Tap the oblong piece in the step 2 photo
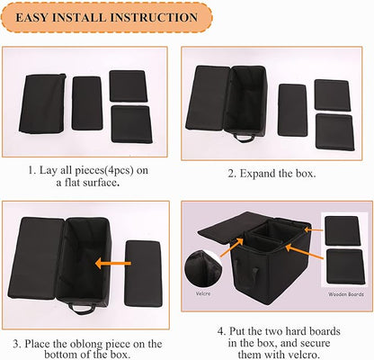click(x=292, y=110)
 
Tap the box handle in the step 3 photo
click(x=81, y=310)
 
